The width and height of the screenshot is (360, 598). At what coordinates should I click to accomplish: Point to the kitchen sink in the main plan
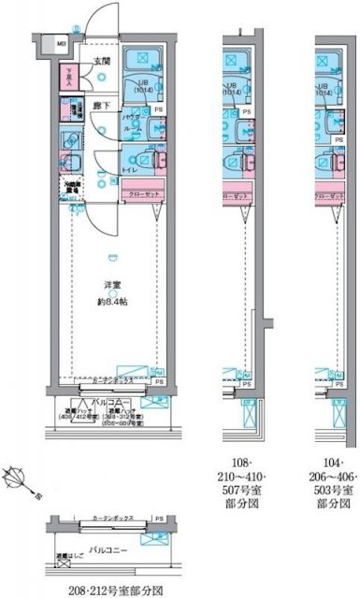click(68, 139)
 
